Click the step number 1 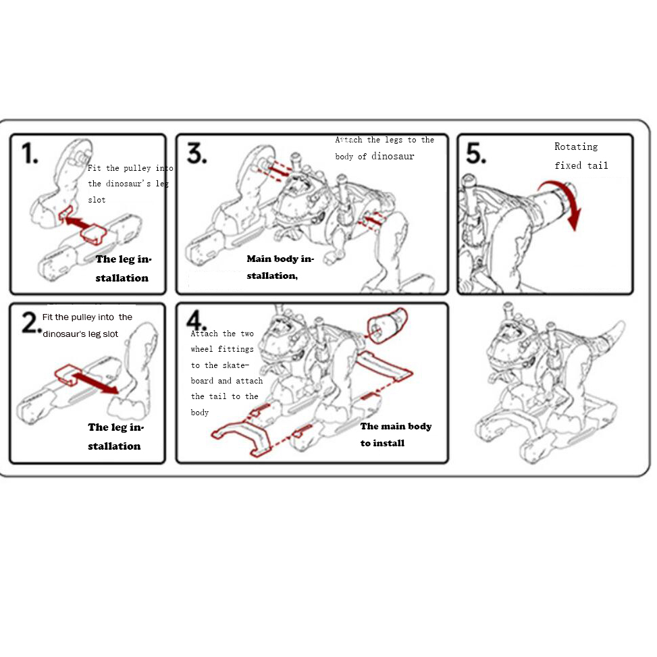pyautogui.click(x=29, y=153)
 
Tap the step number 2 pyautogui.click(x=30, y=323)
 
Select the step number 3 pyautogui.click(x=196, y=153)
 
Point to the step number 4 pyautogui.click(x=196, y=321)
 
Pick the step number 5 pyautogui.click(x=476, y=153)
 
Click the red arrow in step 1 pyautogui.click(x=79, y=223)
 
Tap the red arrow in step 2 pyautogui.click(x=95, y=383)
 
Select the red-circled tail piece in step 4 pyautogui.click(x=387, y=325)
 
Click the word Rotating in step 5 pyautogui.click(x=576, y=147)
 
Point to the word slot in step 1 pyautogui.click(x=97, y=200)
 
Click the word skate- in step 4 pyautogui.click(x=236, y=365)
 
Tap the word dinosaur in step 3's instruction pyautogui.click(x=392, y=156)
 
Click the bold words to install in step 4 pyautogui.click(x=383, y=444)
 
